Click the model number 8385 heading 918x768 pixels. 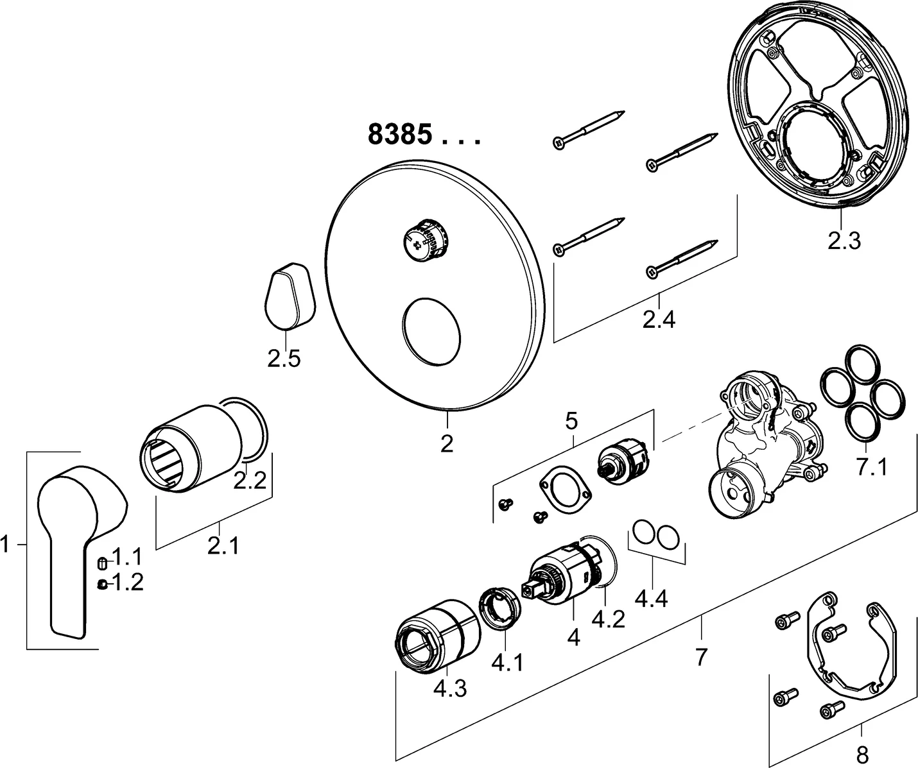pyautogui.click(x=399, y=135)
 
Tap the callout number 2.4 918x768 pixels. pyautogui.click(x=659, y=318)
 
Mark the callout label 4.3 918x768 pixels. pyautogui.click(x=450, y=688)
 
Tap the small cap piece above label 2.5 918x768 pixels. pyautogui.click(x=288, y=294)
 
